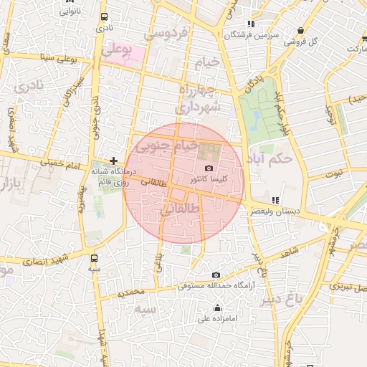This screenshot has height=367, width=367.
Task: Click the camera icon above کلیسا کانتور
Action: click(209, 167)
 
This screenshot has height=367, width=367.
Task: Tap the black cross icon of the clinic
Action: click(113, 161)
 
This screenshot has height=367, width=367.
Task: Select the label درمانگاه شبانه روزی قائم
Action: click(111, 178)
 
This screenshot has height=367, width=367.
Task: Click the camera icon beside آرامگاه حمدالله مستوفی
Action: click(216, 275)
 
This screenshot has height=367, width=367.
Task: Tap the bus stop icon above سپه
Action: click(95, 258)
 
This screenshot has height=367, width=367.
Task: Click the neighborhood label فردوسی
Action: click(166, 34)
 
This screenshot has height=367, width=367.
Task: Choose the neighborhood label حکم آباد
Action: click(273, 157)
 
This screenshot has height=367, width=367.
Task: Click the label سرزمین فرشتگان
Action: click(249, 34)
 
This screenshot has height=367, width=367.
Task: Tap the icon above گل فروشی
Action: click(300, 31)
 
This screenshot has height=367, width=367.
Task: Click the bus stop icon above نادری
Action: click(105, 16)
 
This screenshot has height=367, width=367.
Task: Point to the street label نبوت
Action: click(334, 173)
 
